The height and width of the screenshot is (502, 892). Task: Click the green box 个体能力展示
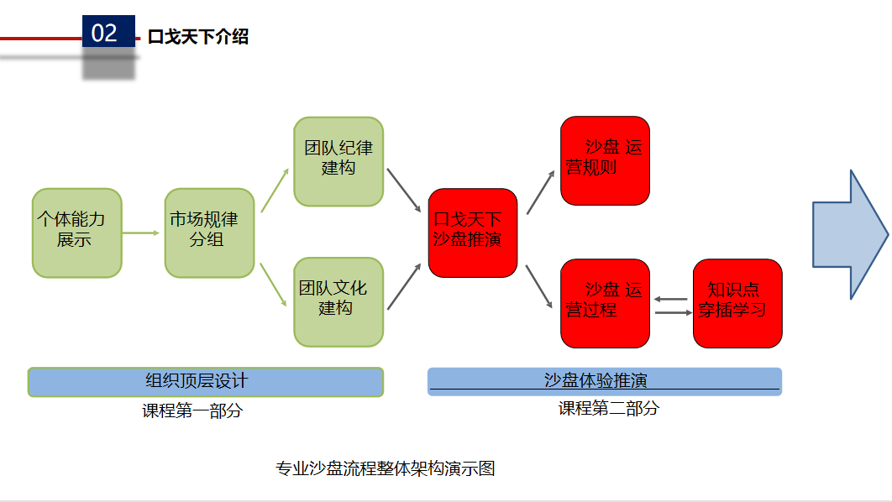(x=76, y=233)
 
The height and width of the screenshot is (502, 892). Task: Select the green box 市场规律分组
(x=209, y=233)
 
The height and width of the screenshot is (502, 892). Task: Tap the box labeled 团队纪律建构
(x=338, y=162)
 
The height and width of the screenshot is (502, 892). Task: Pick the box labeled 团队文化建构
(x=338, y=301)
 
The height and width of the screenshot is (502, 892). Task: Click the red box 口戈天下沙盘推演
(x=472, y=233)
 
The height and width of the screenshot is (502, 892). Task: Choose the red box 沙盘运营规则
(x=605, y=160)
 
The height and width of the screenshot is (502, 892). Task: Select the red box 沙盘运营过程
(x=605, y=303)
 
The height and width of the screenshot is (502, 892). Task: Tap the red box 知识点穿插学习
(x=737, y=303)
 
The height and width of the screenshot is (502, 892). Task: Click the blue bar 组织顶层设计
(x=205, y=381)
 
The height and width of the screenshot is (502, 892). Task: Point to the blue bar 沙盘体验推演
(x=605, y=381)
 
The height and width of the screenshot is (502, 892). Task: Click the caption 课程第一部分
(x=192, y=411)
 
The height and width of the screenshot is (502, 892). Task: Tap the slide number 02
(x=105, y=33)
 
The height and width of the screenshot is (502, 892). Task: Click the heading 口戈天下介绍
(x=198, y=37)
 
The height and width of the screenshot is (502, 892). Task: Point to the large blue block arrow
(x=849, y=235)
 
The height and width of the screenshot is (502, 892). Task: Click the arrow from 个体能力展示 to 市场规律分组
(x=141, y=233)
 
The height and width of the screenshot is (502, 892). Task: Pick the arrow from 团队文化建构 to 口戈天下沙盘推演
(x=405, y=286)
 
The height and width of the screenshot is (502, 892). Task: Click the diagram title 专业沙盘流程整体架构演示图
(x=386, y=468)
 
